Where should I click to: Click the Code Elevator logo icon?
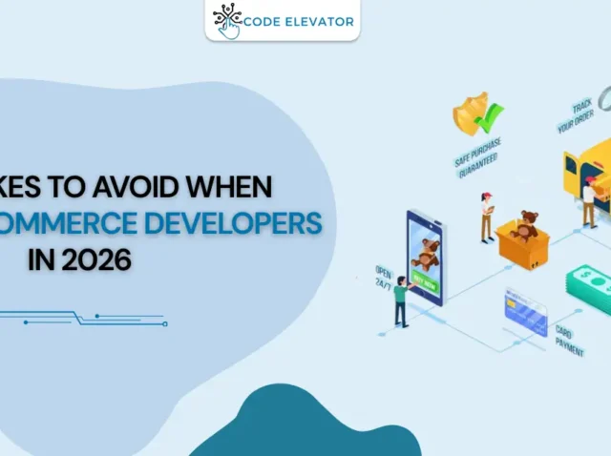(x=227, y=20)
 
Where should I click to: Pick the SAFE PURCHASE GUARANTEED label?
(x=477, y=157)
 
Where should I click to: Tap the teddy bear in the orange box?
(x=524, y=226)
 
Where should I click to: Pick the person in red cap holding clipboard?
(x=487, y=215)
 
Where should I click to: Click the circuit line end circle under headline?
(x=165, y=324)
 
